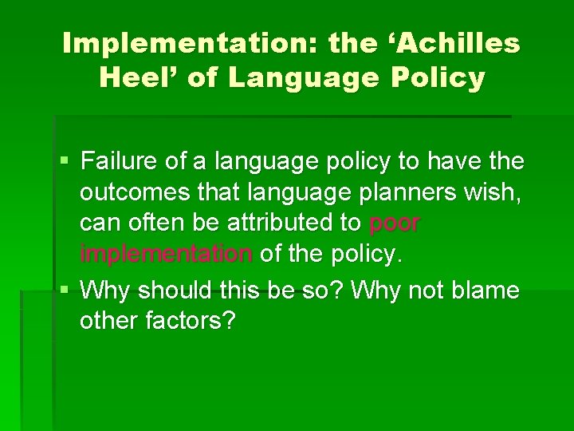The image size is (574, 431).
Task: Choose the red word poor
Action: [395, 224]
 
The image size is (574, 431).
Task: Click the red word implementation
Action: [166, 255]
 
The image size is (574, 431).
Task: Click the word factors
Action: [193, 321]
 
